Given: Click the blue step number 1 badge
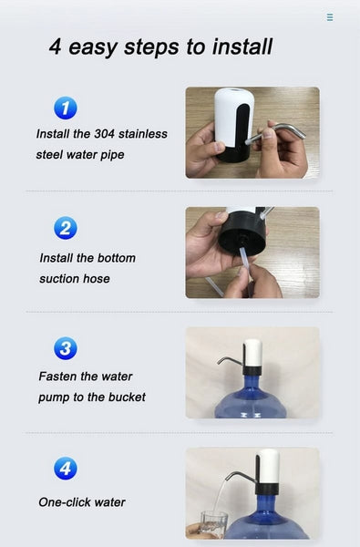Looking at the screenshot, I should [x=65, y=108].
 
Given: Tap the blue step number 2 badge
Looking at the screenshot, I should [x=65, y=228].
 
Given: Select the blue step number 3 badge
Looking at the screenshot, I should [x=65, y=348].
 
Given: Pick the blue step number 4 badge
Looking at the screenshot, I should [x=65, y=470].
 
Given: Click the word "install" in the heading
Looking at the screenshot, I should [x=240, y=46].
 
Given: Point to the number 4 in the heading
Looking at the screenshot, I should [x=56, y=46].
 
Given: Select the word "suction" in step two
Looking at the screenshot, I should [x=62, y=278].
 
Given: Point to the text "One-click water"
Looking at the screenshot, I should [x=82, y=502].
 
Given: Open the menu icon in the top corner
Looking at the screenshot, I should [x=330, y=17].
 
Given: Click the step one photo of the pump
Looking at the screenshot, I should [x=252, y=132].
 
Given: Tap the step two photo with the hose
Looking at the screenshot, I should [x=252, y=253].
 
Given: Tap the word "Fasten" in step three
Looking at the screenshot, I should [x=59, y=376].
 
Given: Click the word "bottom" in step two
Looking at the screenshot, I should [x=114, y=258].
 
